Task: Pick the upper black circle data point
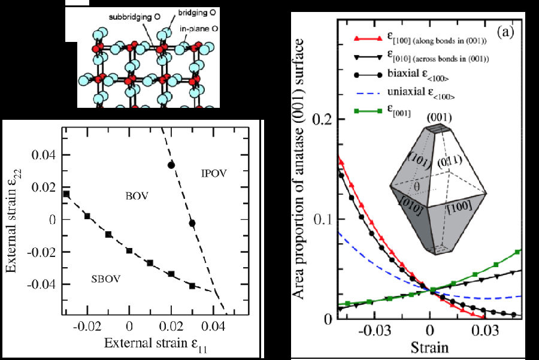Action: (x=171, y=165)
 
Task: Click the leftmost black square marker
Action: (x=66, y=194)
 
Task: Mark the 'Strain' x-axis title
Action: (x=430, y=347)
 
